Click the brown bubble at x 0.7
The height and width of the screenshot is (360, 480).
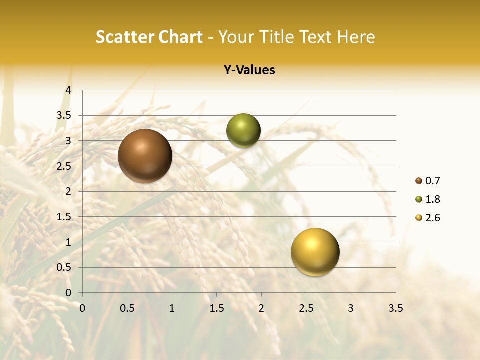pos(145,156)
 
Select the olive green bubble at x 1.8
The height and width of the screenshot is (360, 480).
pos(243,131)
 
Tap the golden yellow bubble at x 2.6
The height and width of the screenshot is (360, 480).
pos(315,252)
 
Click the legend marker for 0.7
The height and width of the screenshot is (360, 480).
pos(418,181)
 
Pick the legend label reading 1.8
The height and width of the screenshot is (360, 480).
pos(432,199)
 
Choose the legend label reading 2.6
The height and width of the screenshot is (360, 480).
pos(432,218)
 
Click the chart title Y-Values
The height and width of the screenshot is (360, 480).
pos(249,70)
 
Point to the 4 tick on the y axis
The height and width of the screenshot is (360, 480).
pos(69,90)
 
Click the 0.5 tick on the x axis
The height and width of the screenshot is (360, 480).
pos(127,308)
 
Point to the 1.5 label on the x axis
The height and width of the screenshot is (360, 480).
pos(216,308)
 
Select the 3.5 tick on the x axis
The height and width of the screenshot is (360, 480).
pos(395,308)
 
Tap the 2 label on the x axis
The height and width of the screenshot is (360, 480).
pos(261,308)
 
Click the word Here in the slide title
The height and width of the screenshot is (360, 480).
pos(356,37)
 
